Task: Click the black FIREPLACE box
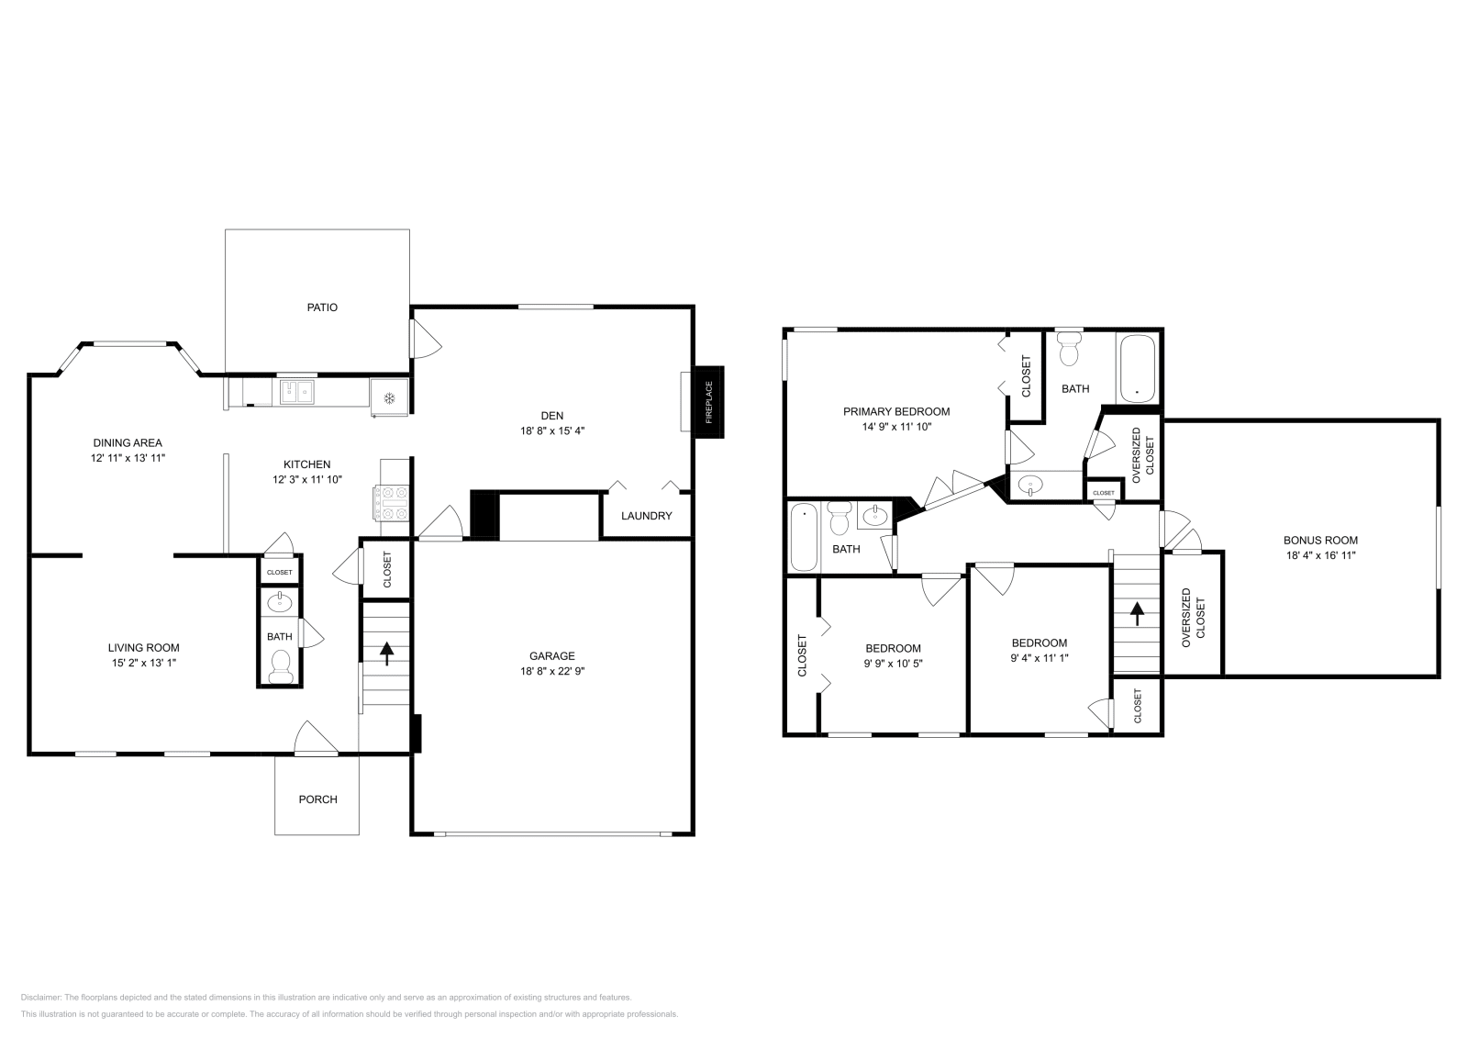708,401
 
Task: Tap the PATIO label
322,307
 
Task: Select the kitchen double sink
297,393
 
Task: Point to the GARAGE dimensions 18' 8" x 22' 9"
551,671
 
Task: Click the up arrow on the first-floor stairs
386,653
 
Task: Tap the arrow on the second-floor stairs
1137,612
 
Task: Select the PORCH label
317,799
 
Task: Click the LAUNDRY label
646,516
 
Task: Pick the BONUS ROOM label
1319,541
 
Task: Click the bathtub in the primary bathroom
1138,369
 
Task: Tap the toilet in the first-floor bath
280,665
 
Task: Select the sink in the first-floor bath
280,603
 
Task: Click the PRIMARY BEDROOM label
895,412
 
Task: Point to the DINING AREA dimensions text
128,457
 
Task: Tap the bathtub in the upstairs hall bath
804,537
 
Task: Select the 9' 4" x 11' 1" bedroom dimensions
1039,657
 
